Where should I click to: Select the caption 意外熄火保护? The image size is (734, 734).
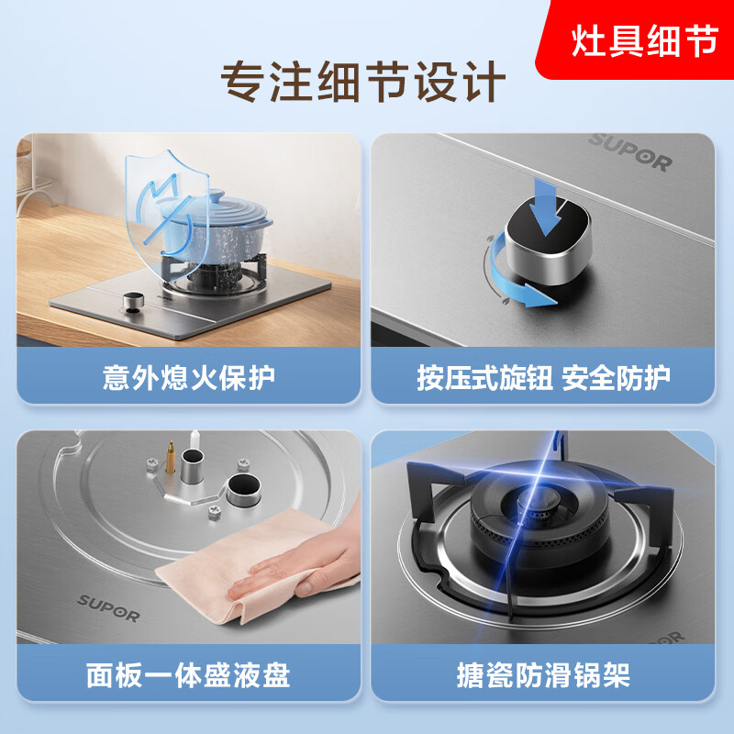188,377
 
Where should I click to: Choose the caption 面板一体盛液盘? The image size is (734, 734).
188,676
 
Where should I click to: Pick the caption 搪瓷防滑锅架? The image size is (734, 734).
543,676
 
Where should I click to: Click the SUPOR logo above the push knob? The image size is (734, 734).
630,151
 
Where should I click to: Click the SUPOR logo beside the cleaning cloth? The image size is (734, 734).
107,607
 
